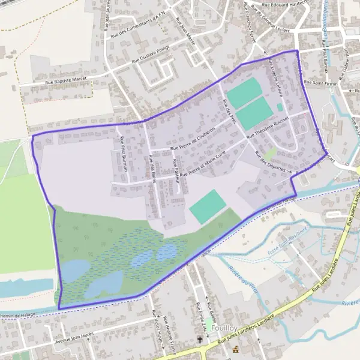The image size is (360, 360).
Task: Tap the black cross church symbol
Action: [x=200, y=340]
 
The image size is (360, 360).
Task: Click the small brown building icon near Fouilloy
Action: [x=235, y=349]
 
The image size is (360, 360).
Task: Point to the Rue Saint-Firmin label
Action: [x=318, y=82]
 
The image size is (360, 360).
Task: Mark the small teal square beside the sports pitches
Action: [x=280, y=107]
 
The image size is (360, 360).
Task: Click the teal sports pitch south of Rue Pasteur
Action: [x=208, y=206]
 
